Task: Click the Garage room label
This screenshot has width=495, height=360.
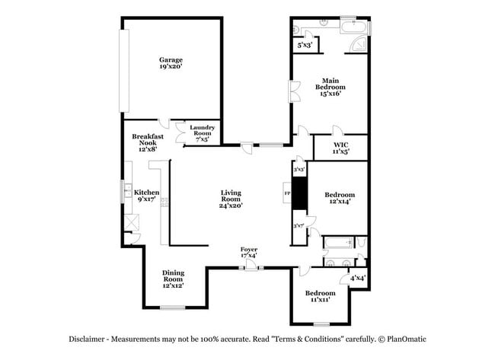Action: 171,63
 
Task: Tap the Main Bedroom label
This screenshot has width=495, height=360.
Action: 329,87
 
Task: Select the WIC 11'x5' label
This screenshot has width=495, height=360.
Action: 340,148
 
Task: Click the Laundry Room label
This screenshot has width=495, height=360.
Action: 202,133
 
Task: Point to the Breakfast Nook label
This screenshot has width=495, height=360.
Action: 148,142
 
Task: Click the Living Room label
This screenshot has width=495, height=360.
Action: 230,199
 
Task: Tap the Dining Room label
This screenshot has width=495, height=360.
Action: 173,279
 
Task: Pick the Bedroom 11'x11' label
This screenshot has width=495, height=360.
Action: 320,297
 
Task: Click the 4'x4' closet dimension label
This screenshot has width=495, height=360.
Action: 357,278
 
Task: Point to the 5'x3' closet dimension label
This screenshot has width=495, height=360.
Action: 304,46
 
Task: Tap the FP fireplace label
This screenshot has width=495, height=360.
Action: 287,194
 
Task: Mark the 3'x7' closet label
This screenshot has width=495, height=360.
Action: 299,226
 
